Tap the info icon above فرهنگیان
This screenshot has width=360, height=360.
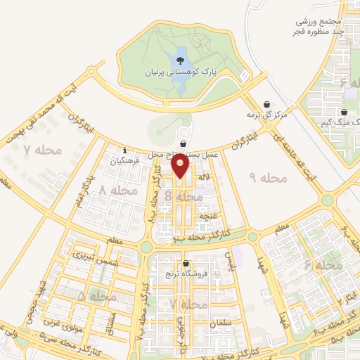coord(124,149)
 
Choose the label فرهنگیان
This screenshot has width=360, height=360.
coord(124,161)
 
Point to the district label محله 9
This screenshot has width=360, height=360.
coord(269,179)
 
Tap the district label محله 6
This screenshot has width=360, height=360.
coord(323,266)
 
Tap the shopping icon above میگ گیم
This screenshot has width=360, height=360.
coord(344,112)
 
